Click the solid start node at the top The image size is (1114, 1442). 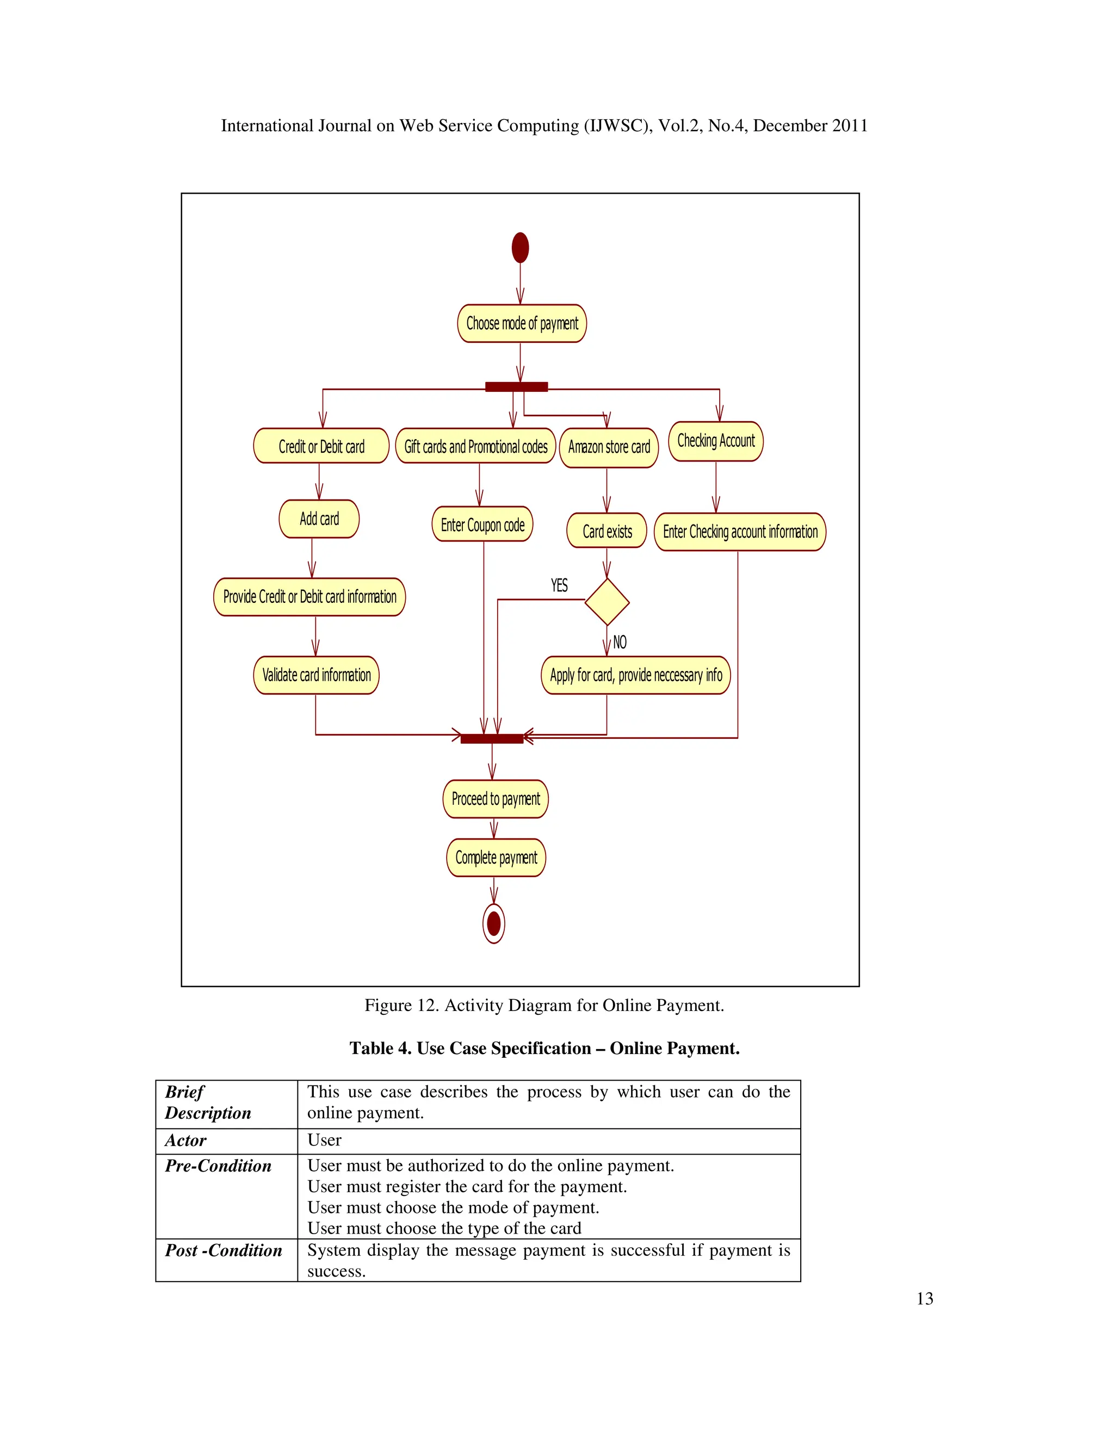tap(520, 248)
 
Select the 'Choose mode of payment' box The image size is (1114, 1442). tap(521, 324)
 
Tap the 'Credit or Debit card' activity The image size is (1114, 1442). tap(321, 446)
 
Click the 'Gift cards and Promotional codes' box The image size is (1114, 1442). tap(475, 446)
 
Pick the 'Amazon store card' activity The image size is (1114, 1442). tap(609, 448)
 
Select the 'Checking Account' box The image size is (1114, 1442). tap(716, 441)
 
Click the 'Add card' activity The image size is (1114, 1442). tap(319, 519)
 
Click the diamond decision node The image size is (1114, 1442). tap(607, 601)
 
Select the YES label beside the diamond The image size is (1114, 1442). tap(559, 585)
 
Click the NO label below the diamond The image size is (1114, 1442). tap(620, 642)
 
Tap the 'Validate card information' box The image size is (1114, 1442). tap(316, 675)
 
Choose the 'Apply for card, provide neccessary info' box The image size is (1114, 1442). tap(635, 675)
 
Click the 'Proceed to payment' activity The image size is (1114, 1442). tap(496, 799)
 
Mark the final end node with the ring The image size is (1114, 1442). tap(494, 923)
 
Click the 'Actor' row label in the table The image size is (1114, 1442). tap(185, 1140)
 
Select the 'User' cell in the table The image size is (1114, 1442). tap(324, 1140)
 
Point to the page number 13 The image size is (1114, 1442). tap(925, 1299)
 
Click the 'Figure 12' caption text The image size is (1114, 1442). tap(544, 1006)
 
